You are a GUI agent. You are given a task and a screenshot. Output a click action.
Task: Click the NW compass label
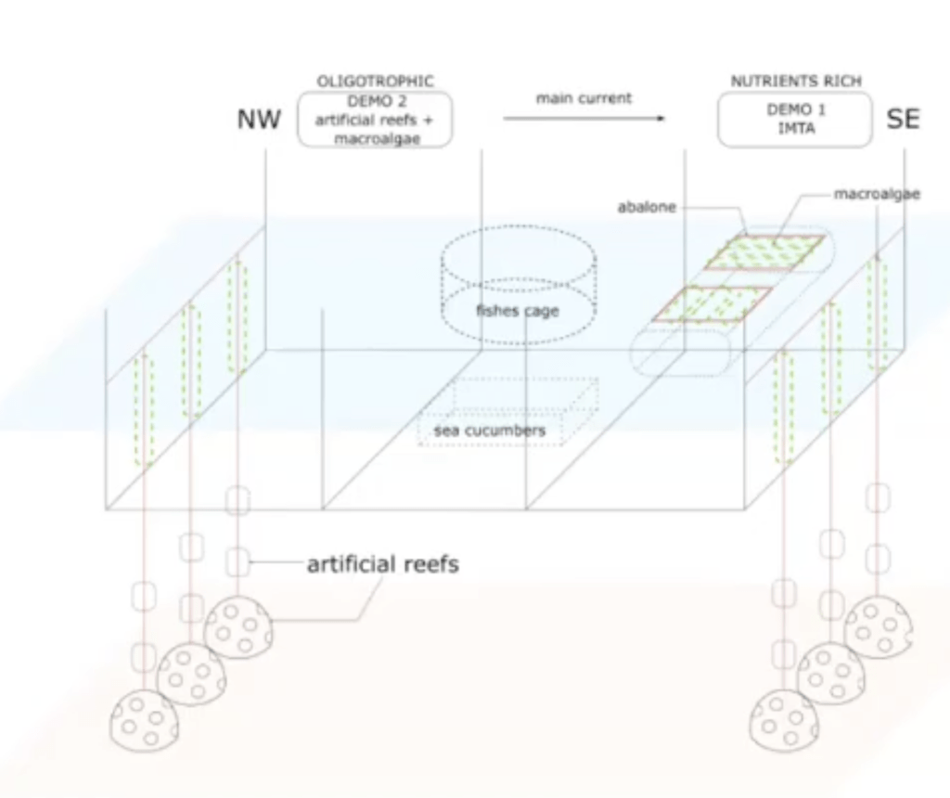pos(259,120)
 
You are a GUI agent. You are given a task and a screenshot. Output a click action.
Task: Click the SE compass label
pos(903,120)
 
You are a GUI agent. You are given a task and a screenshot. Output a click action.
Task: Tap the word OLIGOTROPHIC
pos(375,82)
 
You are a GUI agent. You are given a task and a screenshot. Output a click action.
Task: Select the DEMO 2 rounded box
pos(375,120)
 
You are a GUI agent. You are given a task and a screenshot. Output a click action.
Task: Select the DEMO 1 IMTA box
pos(795,120)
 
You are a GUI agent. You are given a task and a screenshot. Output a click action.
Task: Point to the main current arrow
pos(584,118)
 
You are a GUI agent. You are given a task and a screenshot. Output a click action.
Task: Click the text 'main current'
pos(584,97)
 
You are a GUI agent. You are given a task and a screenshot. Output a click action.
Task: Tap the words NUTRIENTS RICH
pos(795,82)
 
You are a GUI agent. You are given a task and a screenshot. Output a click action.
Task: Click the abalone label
pos(647,207)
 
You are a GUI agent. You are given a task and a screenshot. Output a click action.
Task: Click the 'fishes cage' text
pos(518,311)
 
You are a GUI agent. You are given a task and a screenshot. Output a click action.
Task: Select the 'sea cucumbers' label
pos(490,431)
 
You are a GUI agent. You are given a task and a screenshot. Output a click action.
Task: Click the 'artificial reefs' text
pos(382,563)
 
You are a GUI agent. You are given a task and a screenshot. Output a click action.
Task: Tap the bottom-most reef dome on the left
pos(144,719)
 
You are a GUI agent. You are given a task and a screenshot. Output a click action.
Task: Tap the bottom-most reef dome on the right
pos(784,719)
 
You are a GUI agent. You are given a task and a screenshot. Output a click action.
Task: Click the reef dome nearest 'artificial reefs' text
pos(238,627)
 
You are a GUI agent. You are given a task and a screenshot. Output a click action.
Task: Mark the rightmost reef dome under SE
pos(878,627)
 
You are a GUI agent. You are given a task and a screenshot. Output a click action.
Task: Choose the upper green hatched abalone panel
pos(764,252)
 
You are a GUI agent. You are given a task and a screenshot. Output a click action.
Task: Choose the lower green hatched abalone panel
pos(712,303)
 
